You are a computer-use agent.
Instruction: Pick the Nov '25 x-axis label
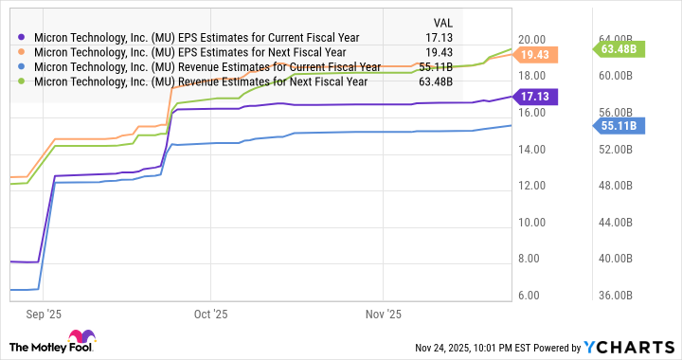384,313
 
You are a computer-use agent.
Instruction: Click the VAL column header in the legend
442,23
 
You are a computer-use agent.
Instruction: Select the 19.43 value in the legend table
440,52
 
